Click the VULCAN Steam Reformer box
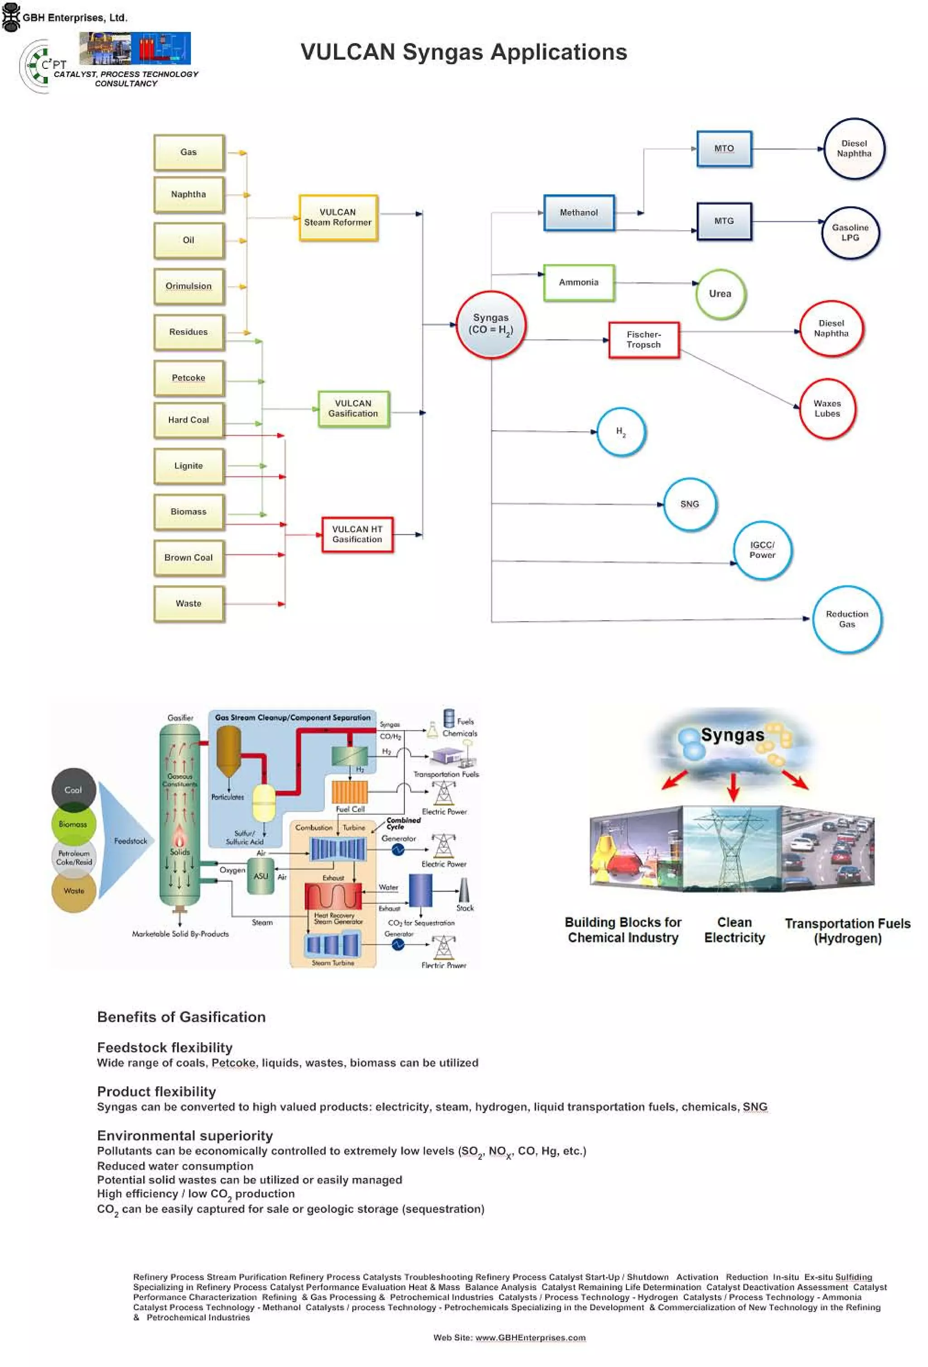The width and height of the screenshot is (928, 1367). tap(338, 217)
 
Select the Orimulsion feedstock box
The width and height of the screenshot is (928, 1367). tap(188, 286)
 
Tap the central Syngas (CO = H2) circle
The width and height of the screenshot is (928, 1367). tap(490, 324)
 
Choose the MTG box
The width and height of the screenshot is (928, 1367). tap(724, 221)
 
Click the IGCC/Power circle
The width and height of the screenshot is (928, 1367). tap(762, 550)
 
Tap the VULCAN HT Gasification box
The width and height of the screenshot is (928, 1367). tap(357, 534)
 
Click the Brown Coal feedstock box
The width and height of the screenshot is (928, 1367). tap(188, 558)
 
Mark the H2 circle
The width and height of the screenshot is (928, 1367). tap(621, 432)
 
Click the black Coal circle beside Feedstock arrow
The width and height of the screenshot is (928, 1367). tap(73, 790)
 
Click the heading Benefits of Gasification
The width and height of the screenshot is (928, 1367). tap(181, 1017)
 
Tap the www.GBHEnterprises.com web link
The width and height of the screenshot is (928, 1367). tap(530, 1338)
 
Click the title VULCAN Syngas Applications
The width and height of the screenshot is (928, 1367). tap(464, 53)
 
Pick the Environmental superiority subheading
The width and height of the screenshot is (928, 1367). tap(185, 1136)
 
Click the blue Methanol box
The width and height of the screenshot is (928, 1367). tap(579, 213)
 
